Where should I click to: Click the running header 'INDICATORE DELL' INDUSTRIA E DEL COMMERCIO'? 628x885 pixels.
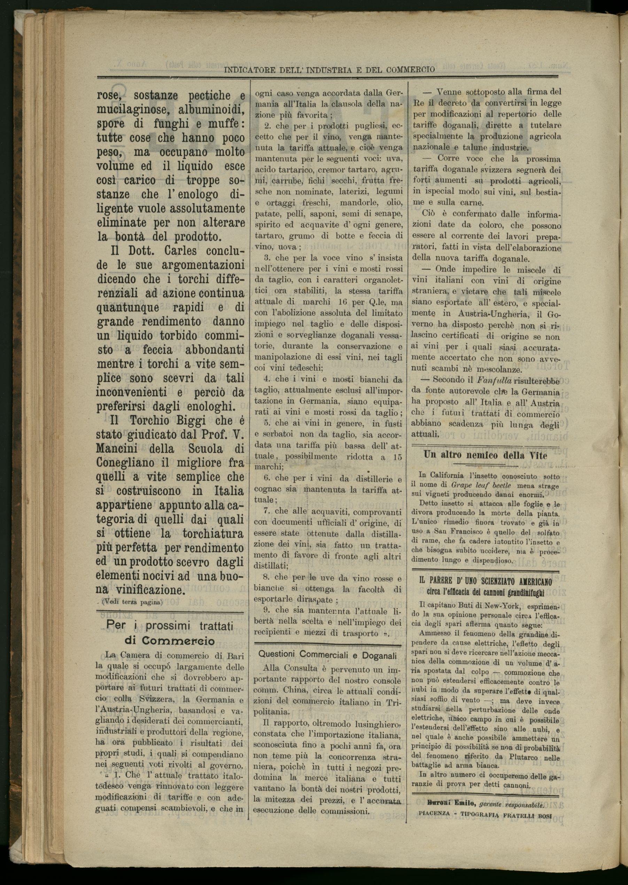coord(329,70)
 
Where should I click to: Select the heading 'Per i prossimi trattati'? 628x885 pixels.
coord(170,626)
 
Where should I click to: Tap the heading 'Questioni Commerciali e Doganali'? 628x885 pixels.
coord(327,655)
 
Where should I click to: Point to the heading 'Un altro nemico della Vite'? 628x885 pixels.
coord(486,454)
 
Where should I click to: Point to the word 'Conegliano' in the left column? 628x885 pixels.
coord(125,463)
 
